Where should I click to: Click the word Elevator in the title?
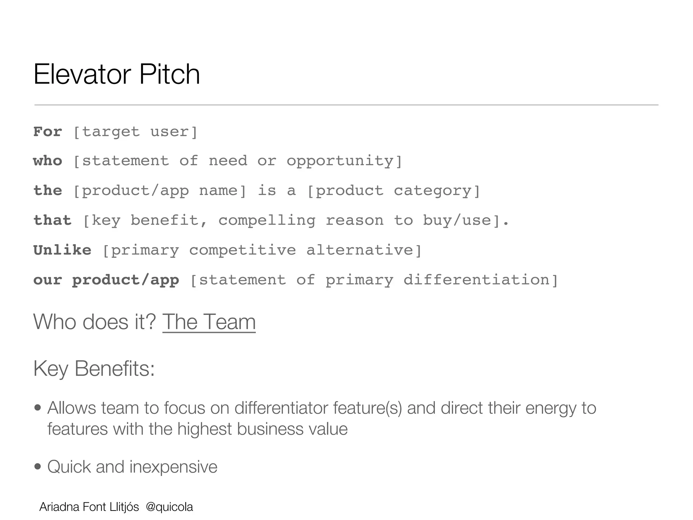[x=83, y=74]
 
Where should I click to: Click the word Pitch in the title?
[x=169, y=74]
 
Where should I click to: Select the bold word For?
[x=48, y=132]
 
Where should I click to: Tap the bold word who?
[x=48, y=161]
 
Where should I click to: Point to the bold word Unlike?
[x=62, y=251]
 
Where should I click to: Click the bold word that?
[x=52, y=221]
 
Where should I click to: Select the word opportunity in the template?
[x=340, y=161]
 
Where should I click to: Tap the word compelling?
[x=267, y=221]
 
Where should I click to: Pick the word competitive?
[x=242, y=251]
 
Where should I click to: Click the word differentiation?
[x=476, y=280]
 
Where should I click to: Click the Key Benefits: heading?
[x=94, y=368]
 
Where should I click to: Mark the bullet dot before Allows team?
[x=38, y=408]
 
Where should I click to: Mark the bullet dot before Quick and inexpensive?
[x=38, y=467]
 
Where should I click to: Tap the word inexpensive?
[x=173, y=467]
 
